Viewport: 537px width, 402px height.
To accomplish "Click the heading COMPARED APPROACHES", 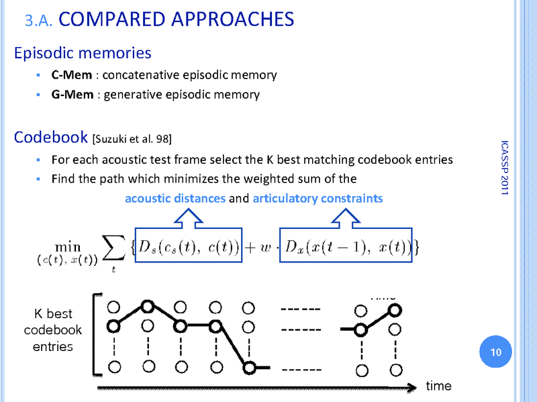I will click(177, 18).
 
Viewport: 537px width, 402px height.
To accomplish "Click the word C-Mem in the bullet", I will click(72, 75).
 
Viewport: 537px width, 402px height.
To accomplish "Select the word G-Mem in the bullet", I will click(72, 95).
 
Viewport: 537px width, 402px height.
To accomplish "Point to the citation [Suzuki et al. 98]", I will click(132, 140).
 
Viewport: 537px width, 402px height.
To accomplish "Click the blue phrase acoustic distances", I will click(175, 198).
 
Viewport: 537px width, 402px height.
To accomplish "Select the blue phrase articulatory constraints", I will click(318, 198).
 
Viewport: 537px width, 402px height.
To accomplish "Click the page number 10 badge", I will click(497, 352).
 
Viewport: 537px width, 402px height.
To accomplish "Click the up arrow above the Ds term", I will click(189, 219).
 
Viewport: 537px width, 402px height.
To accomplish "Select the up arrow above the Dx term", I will click(348, 219).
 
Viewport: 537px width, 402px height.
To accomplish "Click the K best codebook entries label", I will click(52, 330).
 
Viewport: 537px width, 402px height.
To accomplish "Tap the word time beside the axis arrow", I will click(438, 386).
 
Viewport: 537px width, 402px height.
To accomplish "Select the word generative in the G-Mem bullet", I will click(134, 95).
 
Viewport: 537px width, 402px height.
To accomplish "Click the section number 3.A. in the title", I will click(40, 21).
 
